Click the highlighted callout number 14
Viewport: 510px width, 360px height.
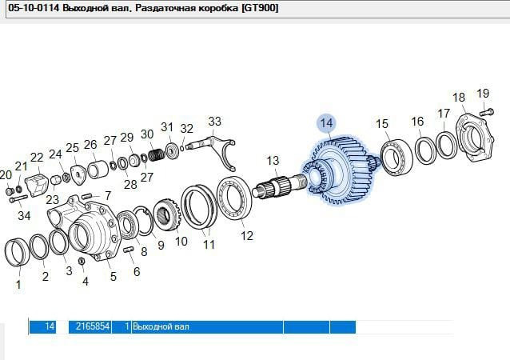[325, 123]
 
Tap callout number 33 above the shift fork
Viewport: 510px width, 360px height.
[214, 122]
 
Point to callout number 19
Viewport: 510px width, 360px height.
[483, 93]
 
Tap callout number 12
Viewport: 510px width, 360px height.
[247, 235]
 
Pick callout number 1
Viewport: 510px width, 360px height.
[19, 283]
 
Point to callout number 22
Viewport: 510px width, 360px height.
[37, 158]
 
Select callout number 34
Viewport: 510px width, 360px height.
[24, 215]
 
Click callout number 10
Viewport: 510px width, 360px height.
[181, 241]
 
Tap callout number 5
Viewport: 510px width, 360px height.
[113, 277]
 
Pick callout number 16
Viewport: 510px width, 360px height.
[417, 122]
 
